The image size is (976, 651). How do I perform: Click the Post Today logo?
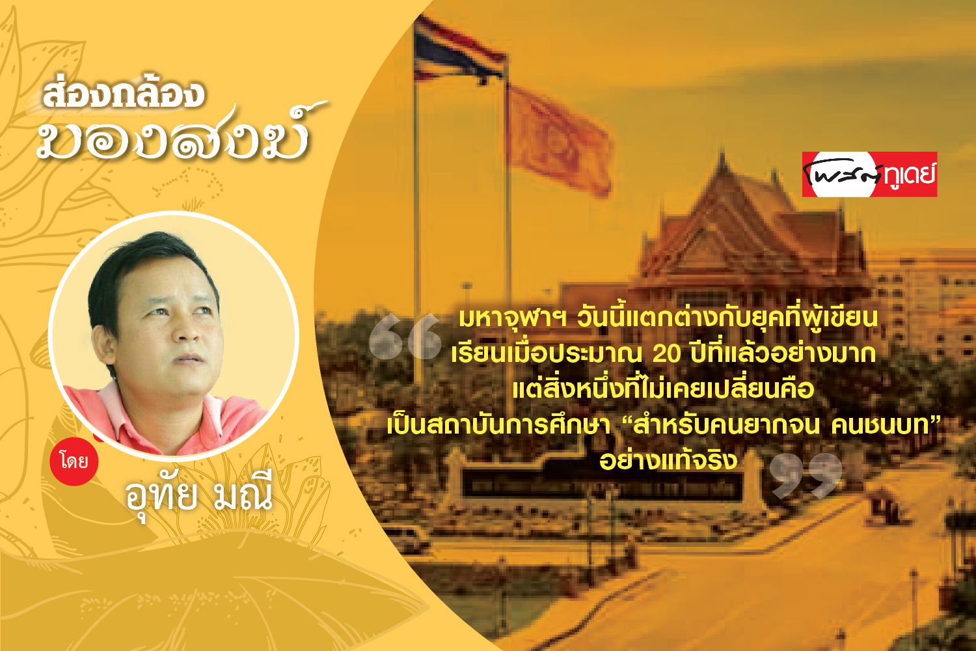(869, 174)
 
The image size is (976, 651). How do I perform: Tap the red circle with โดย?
(74, 462)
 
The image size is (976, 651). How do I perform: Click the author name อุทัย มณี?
(199, 495)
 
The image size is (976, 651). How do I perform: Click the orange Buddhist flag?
(560, 139)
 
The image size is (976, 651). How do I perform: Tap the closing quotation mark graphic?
(806, 476)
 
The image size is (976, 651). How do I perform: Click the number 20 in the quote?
(667, 354)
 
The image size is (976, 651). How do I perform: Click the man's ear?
(103, 344)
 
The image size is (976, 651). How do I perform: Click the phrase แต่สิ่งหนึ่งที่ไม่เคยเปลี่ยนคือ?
(663, 389)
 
